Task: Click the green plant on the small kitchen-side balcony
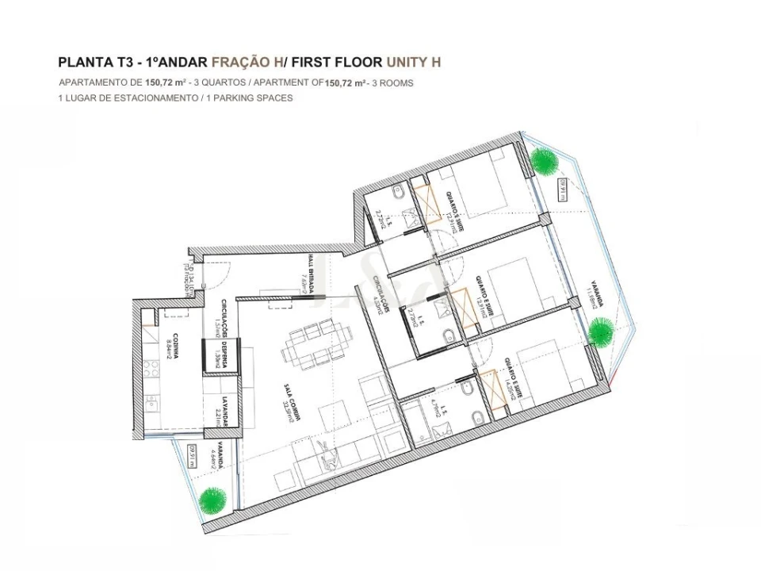[x=212, y=499]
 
